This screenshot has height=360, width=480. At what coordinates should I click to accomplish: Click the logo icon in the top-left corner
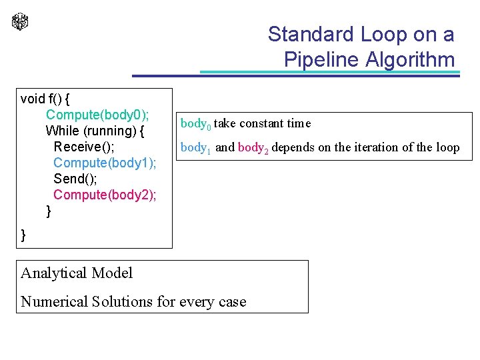[x=20, y=21]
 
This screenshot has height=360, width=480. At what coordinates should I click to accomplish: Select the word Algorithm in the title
[x=410, y=60]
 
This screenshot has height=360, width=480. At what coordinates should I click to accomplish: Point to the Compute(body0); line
[x=97, y=115]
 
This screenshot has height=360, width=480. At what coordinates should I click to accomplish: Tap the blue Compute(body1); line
[x=105, y=163]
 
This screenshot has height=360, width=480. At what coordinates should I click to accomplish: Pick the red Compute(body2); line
[x=105, y=195]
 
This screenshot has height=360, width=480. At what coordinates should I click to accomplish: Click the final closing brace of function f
[x=24, y=235]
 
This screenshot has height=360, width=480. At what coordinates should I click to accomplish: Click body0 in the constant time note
[x=195, y=124]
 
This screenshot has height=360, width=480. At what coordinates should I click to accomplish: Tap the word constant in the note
[x=262, y=123]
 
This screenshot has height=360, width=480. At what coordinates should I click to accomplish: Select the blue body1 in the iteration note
[x=195, y=148]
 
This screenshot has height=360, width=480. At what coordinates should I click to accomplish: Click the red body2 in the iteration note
[x=253, y=148]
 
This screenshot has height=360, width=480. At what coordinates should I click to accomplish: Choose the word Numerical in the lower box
[x=54, y=301]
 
